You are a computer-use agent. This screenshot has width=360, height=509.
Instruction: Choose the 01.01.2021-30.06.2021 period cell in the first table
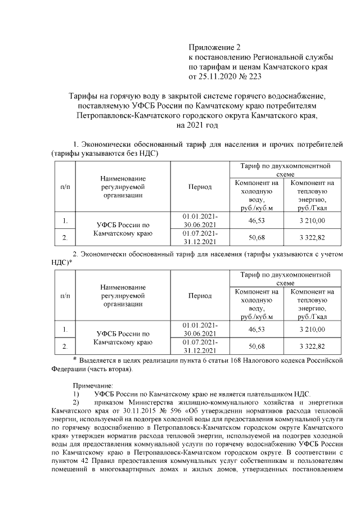click(200, 220)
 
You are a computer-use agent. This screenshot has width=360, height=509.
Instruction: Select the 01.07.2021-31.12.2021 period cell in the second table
click(200, 345)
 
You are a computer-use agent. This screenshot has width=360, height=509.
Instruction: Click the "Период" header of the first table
click(200, 187)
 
